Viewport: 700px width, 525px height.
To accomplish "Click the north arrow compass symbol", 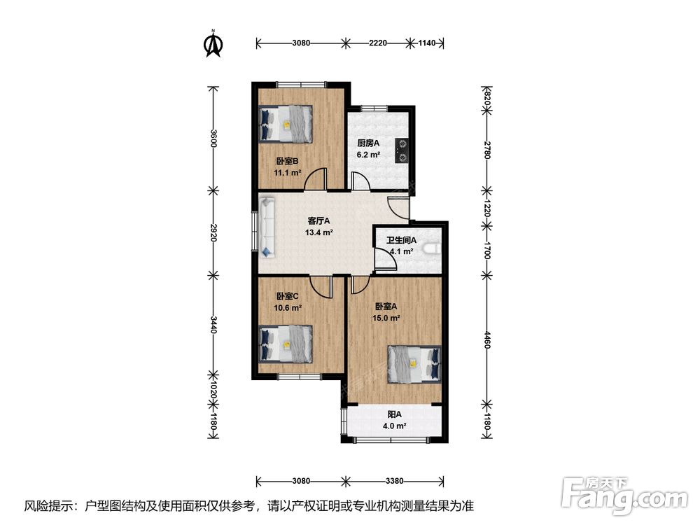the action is click(x=213, y=43).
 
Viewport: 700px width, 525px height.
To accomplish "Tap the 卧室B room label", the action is click(x=287, y=161).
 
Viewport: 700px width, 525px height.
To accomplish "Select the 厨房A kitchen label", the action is click(x=368, y=143).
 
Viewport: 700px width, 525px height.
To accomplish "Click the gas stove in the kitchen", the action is click(x=402, y=150).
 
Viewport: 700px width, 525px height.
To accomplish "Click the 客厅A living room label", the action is click(x=318, y=221).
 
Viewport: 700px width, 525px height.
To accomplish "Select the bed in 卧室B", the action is click(x=286, y=124).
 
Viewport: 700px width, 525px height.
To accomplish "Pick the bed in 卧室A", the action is click(x=414, y=364).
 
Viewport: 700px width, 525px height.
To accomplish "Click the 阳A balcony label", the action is click(x=394, y=414).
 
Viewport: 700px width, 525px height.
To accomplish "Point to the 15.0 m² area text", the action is click(x=386, y=318).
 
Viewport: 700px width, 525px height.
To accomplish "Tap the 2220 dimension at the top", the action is click(x=378, y=43).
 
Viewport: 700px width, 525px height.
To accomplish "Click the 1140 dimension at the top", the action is click(x=427, y=43).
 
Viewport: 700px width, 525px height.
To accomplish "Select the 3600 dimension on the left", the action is click(x=213, y=139).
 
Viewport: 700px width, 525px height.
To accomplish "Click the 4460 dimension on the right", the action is click(x=487, y=340).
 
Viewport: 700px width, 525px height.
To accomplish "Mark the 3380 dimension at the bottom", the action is click(x=394, y=482).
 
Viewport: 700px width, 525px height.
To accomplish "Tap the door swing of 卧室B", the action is click(x=316, y=179).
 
